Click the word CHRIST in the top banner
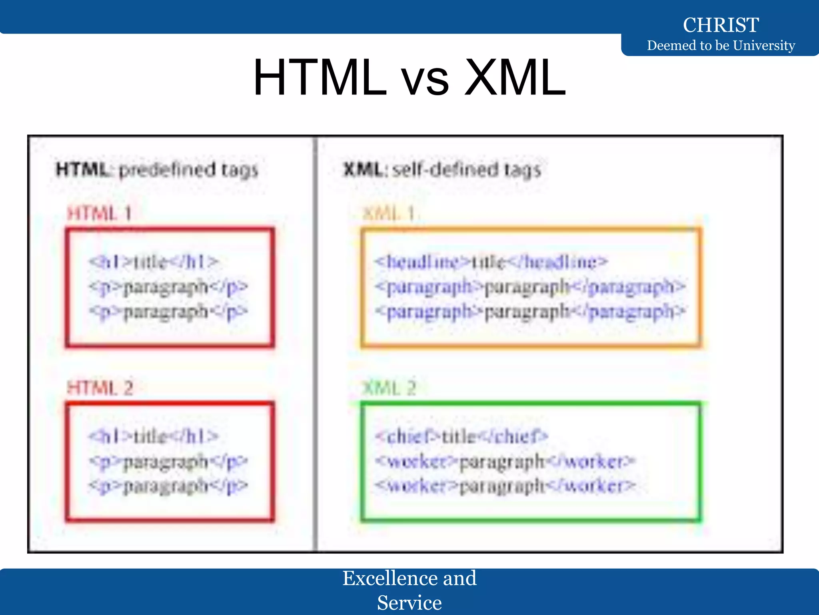pyautogui.click(x=721, y=25)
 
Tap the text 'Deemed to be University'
pyautogui.click(x=721, y=45)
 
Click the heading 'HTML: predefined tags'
pyautogui.click(x=157, y=170)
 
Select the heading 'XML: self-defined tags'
pyautogui.click(x=442, y=170)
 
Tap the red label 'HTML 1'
pyautogui.click(x=99, y=213)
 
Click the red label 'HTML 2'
pyautogui.click(x=100, y=388)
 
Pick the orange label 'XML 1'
pyautogui.click(x=388, y=213)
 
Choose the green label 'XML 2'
pyautogui.click(x=389, y=388)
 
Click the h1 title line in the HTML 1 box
pyautogui.click(x=154, y=262)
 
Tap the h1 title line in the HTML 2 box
pyautogui.click(x=154, y=436)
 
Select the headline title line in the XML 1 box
pyautogui.click(x=491, y=262)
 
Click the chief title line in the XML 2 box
pyautogui.click(x=461, y=436)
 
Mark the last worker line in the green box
pyautogui.click(x=505, y=486)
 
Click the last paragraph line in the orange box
pyautogui.click(x=530, y=312)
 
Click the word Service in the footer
pyautogui.click(x=409, y=603)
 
